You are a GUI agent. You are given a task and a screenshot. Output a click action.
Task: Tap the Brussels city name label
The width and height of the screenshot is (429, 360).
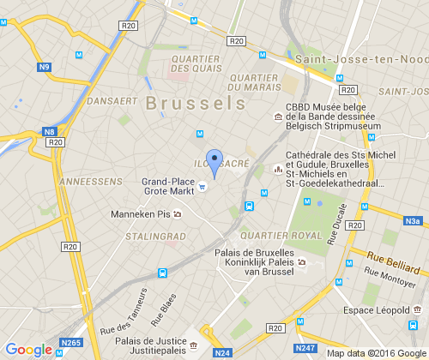(x=196, y=103)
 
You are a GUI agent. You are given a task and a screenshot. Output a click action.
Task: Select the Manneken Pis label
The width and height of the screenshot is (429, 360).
(x=142, y=214)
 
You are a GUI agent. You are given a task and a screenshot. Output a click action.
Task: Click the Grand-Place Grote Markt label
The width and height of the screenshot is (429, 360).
(x=167, y=186)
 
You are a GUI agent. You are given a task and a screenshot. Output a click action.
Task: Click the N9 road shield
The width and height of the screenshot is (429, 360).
(x=45, y=66)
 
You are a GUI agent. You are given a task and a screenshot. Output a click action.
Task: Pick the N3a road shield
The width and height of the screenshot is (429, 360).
(x=415, y=221)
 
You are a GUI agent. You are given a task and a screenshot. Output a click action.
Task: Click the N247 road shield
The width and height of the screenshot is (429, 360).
(x=306, y=349)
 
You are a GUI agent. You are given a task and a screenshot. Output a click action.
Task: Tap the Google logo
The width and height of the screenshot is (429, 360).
(x=28, y=349)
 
